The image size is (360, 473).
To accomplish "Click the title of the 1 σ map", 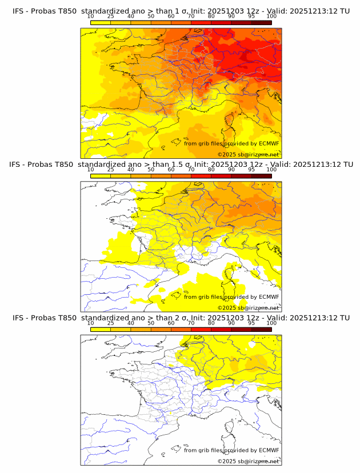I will click(181, 11).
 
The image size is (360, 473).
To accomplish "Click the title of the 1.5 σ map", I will click(181, 164).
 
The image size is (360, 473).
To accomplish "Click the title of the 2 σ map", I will click(181, 318).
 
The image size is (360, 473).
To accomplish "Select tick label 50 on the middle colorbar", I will click(151, 170).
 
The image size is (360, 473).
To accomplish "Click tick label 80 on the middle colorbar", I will click(211, 170).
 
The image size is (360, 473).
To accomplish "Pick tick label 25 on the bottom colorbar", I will click(111, 323).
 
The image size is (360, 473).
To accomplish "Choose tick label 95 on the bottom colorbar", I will click(251, 323).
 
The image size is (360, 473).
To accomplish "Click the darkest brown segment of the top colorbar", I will click(261, 22).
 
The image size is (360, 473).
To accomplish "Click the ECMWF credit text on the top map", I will click(231, 143).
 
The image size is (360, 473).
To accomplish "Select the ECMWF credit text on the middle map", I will click(231, 296).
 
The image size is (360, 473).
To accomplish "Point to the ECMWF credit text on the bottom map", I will click(231, 450).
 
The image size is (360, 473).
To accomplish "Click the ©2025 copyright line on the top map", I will click(248, 154).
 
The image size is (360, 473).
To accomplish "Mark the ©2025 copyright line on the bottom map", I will click(248, 461).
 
